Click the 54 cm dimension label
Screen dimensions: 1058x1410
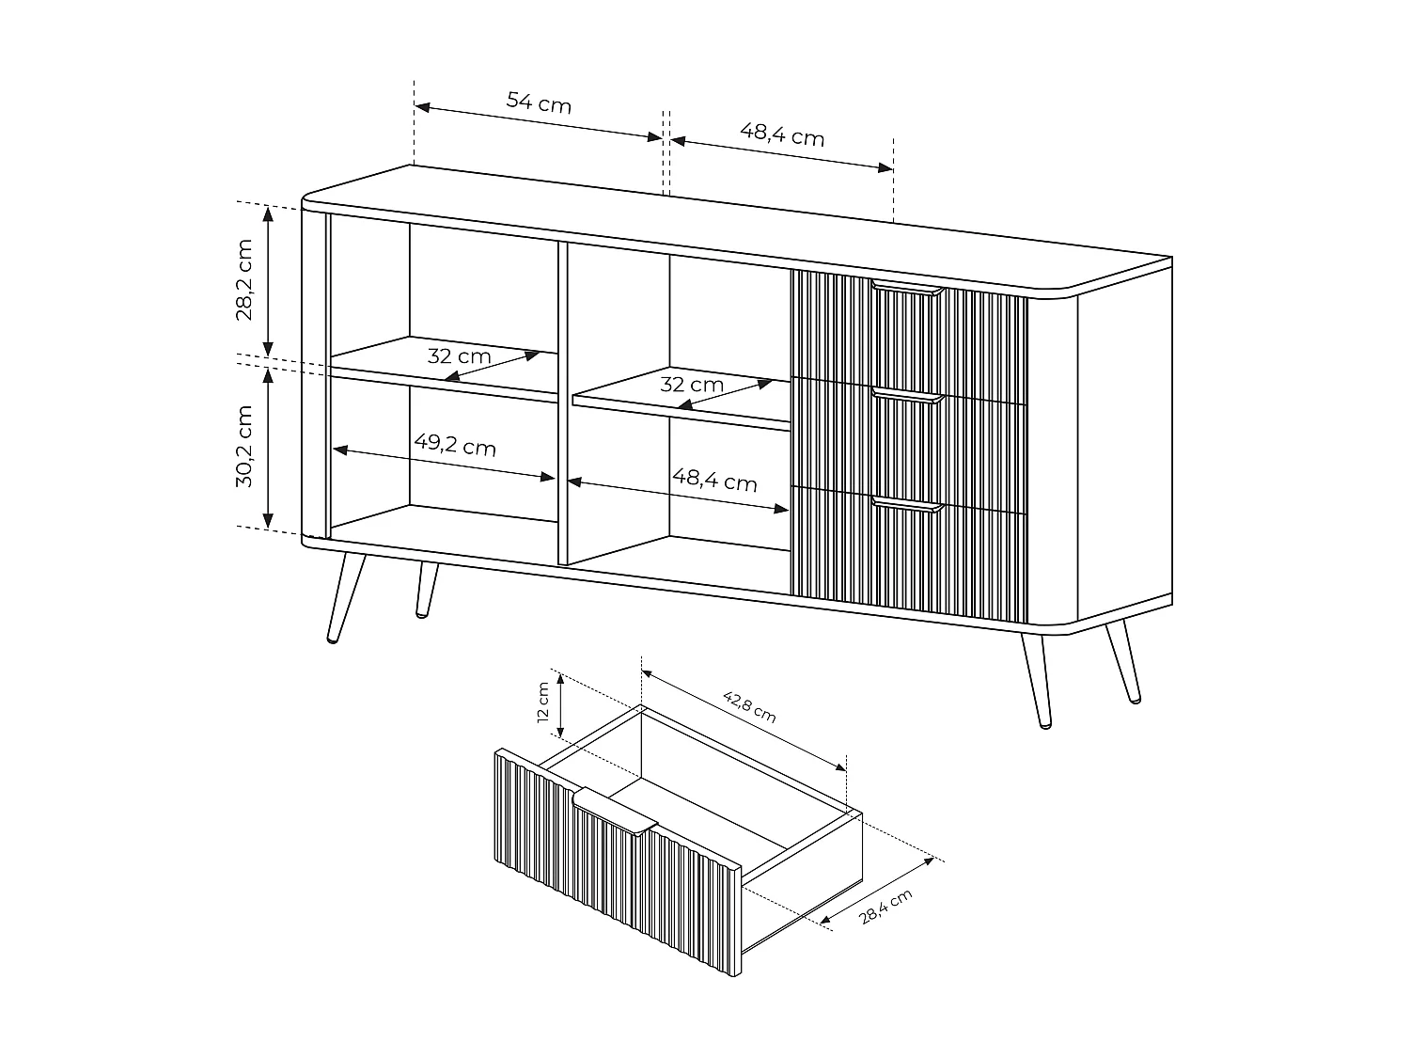(x=539, y=102)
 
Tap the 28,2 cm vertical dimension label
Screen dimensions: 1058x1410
(x=243, y=279)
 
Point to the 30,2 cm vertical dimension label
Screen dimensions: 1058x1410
(x=243, y=446)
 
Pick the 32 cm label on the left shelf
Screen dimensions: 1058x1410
(x=459, y=356)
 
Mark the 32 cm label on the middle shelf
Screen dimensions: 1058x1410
(x=691, y=384)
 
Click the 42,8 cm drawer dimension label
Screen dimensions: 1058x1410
(x=749, y=706)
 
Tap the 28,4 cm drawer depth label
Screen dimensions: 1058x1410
(x=885, y=908)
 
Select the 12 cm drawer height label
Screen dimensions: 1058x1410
(x=543, y=702)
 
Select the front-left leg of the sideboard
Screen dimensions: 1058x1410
(x=342, y=598)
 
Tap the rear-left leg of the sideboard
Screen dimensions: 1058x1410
(x=427, y=590)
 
